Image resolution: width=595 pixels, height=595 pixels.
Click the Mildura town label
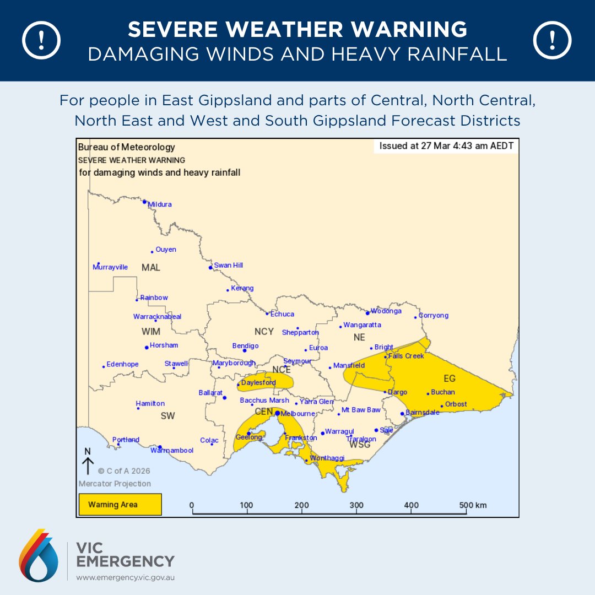159,204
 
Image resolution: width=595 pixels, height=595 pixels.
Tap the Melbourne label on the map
297,414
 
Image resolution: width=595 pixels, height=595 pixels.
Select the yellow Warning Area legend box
120,504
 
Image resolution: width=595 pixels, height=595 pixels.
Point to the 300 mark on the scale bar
356,505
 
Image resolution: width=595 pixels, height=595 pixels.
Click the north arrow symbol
88,462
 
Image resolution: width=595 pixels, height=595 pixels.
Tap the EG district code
450,379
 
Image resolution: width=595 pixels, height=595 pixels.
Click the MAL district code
150,268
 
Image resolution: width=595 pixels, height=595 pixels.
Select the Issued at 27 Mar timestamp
446,147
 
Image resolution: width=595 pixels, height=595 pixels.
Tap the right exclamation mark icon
553,40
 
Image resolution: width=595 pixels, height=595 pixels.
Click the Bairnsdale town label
422,412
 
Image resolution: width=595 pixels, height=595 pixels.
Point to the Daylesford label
258,382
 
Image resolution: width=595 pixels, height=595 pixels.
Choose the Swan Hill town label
228,266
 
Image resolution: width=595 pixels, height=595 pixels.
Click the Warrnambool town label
172,451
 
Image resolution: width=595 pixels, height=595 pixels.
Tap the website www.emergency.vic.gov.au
125,578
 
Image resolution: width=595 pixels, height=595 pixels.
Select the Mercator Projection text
114,484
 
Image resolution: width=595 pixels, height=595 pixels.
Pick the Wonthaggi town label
327,458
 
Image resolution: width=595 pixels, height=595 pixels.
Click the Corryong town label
434,316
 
